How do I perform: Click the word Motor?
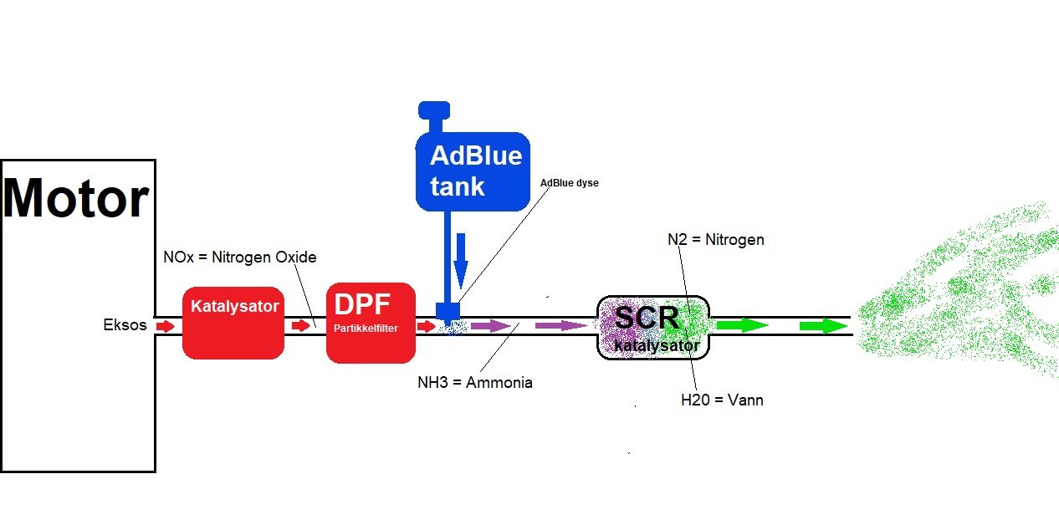76,199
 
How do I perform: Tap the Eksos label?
125,325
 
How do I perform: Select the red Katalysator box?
233,323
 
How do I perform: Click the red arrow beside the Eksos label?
166,326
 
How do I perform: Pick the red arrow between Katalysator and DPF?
301,326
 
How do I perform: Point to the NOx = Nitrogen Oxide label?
240,257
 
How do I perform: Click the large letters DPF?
362,303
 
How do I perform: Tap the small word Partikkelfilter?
366,329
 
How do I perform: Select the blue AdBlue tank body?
473,171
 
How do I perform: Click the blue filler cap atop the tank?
434,110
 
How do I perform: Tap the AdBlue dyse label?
570,183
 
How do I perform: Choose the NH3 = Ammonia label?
475,383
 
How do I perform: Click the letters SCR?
647,317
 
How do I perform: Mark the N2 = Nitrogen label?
715,240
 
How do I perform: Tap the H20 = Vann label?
722,400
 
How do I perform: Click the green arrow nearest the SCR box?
742,325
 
